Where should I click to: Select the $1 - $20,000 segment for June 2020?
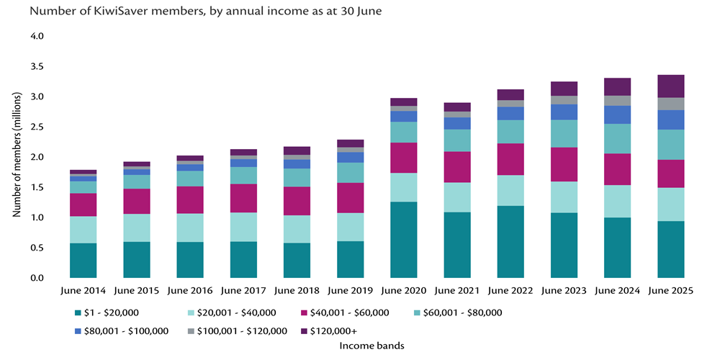tap(403, 240)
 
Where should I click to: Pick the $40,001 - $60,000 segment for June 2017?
tap(243, 198)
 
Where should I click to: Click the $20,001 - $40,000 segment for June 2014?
tap(84, 230)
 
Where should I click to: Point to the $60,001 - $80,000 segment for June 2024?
tap(617, 138)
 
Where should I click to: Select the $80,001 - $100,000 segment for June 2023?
tap(564, 112)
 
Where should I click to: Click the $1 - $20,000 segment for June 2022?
tap(510, 242)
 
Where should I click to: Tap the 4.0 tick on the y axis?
tap(36, 36)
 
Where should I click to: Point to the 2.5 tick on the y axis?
tap(36, 127)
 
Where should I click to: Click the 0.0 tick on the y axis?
tap(36, 278)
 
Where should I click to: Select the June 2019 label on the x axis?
tap(350, 291)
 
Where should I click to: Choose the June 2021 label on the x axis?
tap(457, 291)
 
